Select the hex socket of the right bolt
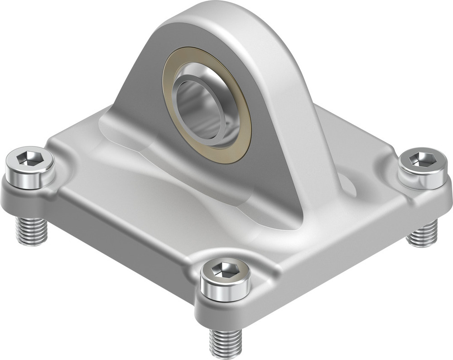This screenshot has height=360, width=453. pyautogui.click(x=421, y=159)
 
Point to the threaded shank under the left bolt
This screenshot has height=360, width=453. pyautogui.click(x=31, y=230)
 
